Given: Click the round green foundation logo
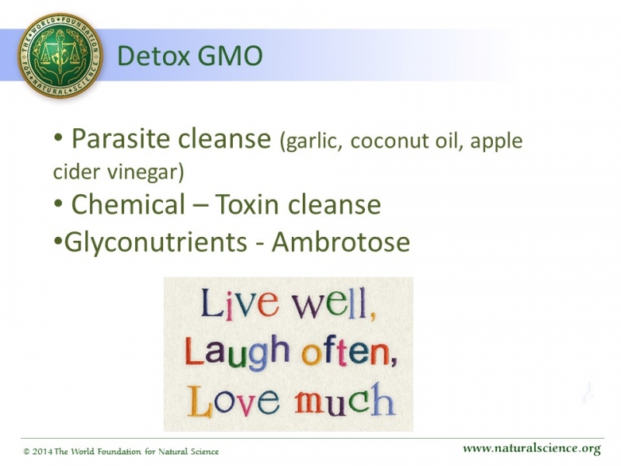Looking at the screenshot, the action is [x=60, y=55].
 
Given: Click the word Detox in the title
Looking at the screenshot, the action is [x=154, y=55].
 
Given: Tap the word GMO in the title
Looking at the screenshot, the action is [x=230, y=55].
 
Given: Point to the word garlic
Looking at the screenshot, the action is [x=310, y=142].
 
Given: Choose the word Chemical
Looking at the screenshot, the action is [x=128, y=204].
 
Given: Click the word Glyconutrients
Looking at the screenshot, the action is [x=156, y=242].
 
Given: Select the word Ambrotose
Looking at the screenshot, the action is [x=341, y=242].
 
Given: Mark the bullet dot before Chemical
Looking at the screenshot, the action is [x=58, y=203].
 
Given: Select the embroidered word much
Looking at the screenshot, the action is [x=345, y=400].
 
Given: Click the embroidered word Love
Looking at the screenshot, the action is [x=234, y=401].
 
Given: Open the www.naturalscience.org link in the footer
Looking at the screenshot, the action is [x=532, y=449].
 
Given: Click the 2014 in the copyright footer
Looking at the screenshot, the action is [x=42, y=452].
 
